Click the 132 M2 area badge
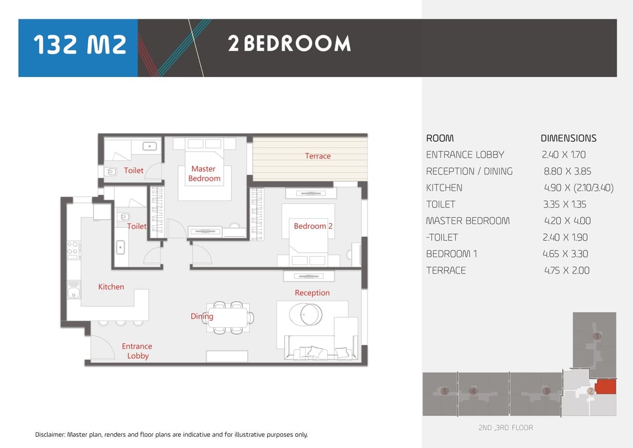point(78,48)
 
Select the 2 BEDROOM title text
point(289,44)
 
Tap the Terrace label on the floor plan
point(318,156)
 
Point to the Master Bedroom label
point(204,174)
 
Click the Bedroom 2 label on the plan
point(313,226)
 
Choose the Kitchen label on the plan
point(111,286)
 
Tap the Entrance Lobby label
point(137,351)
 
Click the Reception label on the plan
point(312,293)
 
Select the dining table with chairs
point(228,318)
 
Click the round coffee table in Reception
point(306,314)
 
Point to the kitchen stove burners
point(74,250)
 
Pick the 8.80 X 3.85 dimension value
point(567,171)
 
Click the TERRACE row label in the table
point(446,271)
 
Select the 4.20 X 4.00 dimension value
point(567,220)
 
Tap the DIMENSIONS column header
point(568,138)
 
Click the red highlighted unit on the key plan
point(606,386)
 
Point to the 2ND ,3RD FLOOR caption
point(505,428)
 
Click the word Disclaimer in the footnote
point(50,435)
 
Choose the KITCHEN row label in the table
point(444,188)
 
